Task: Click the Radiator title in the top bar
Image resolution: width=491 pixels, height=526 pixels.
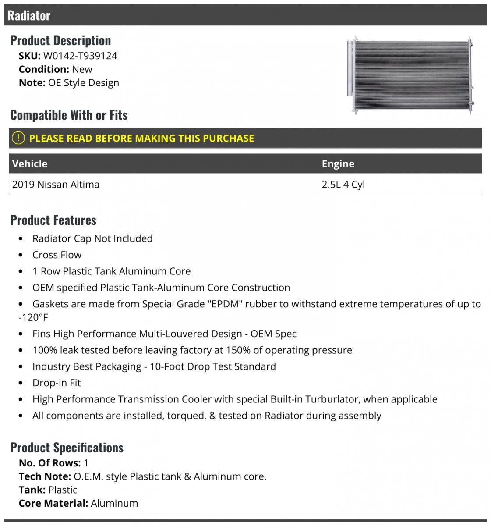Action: (x=29, y=16)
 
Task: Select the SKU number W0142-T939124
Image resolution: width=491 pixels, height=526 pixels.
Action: (x=80, y=56)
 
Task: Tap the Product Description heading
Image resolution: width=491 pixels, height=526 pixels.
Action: (x=60, y=40)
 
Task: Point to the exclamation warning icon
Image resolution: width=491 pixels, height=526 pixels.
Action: (x=18, y=138)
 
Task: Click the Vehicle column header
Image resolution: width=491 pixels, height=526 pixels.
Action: (x=30, y=164)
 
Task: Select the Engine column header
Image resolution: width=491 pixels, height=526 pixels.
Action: (x=338, y=164)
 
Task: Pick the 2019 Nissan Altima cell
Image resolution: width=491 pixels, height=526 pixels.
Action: (x=56, y=185)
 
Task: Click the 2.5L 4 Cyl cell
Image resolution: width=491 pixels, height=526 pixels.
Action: (x=343, y=185)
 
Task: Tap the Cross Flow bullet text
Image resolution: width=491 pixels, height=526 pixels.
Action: (x=57, y=255)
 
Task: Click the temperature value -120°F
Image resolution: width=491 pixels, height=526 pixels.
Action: (x=33, y=317)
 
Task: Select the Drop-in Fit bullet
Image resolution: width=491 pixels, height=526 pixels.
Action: (x=57, y=383)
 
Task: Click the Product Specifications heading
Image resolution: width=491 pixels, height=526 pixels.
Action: (x=67, y=448)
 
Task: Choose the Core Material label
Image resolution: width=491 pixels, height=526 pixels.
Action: (x=53, y=503)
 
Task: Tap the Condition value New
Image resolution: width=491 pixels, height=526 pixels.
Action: (x=82, y=69)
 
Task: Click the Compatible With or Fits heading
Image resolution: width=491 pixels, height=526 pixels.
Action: (x=69, y=115)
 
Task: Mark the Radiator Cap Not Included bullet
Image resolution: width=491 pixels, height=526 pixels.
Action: (x=92, y=238)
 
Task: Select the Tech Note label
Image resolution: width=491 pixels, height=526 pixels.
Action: (x=45, y=476)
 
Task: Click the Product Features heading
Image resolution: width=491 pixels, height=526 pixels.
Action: (x=53, y=220)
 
